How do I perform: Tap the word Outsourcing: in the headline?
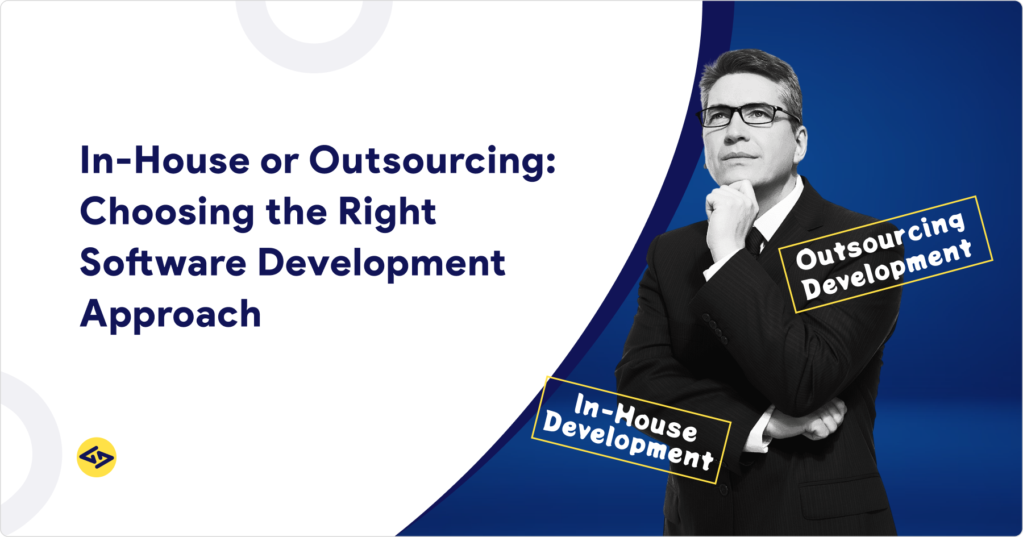pyautogui.click(x=432, y=161)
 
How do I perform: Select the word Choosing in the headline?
pyautogui.click(x=167, y=213)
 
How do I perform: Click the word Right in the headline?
pyautogui.click(x=387, y=213)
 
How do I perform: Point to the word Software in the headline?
pyautogui.click(x=163, y=263)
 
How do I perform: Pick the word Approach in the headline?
pyautogui.click(x=170, y=314)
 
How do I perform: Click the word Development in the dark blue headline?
pyautogui.click(x=381, y=263)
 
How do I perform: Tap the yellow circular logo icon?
pyautogui.click(x=97, y=457)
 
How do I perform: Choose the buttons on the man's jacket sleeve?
pyautogui.click(x=716, y=328)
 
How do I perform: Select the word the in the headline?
pyautogui.click(x=296, y=211)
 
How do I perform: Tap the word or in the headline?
pyautogui.click(x=279, y=161)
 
